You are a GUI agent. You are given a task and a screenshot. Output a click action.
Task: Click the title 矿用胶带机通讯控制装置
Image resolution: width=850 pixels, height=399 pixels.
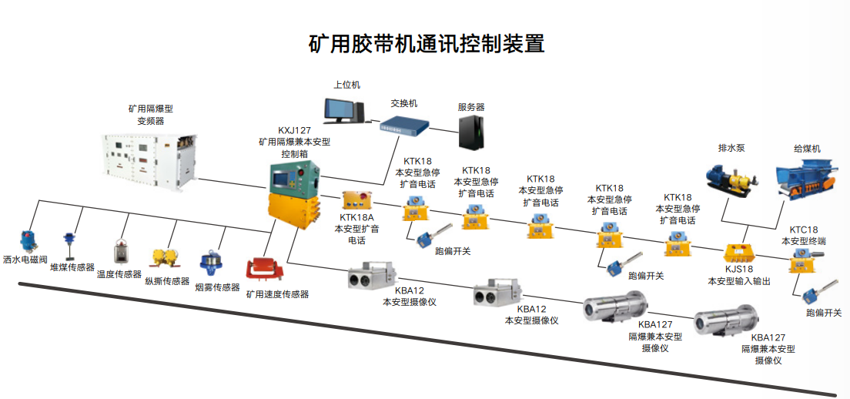[x=426, y=44]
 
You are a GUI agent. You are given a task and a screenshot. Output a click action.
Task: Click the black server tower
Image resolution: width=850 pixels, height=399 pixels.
[x=472, y=132]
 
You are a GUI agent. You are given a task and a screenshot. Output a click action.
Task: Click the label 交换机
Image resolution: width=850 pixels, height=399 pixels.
[x=403, y=102]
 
